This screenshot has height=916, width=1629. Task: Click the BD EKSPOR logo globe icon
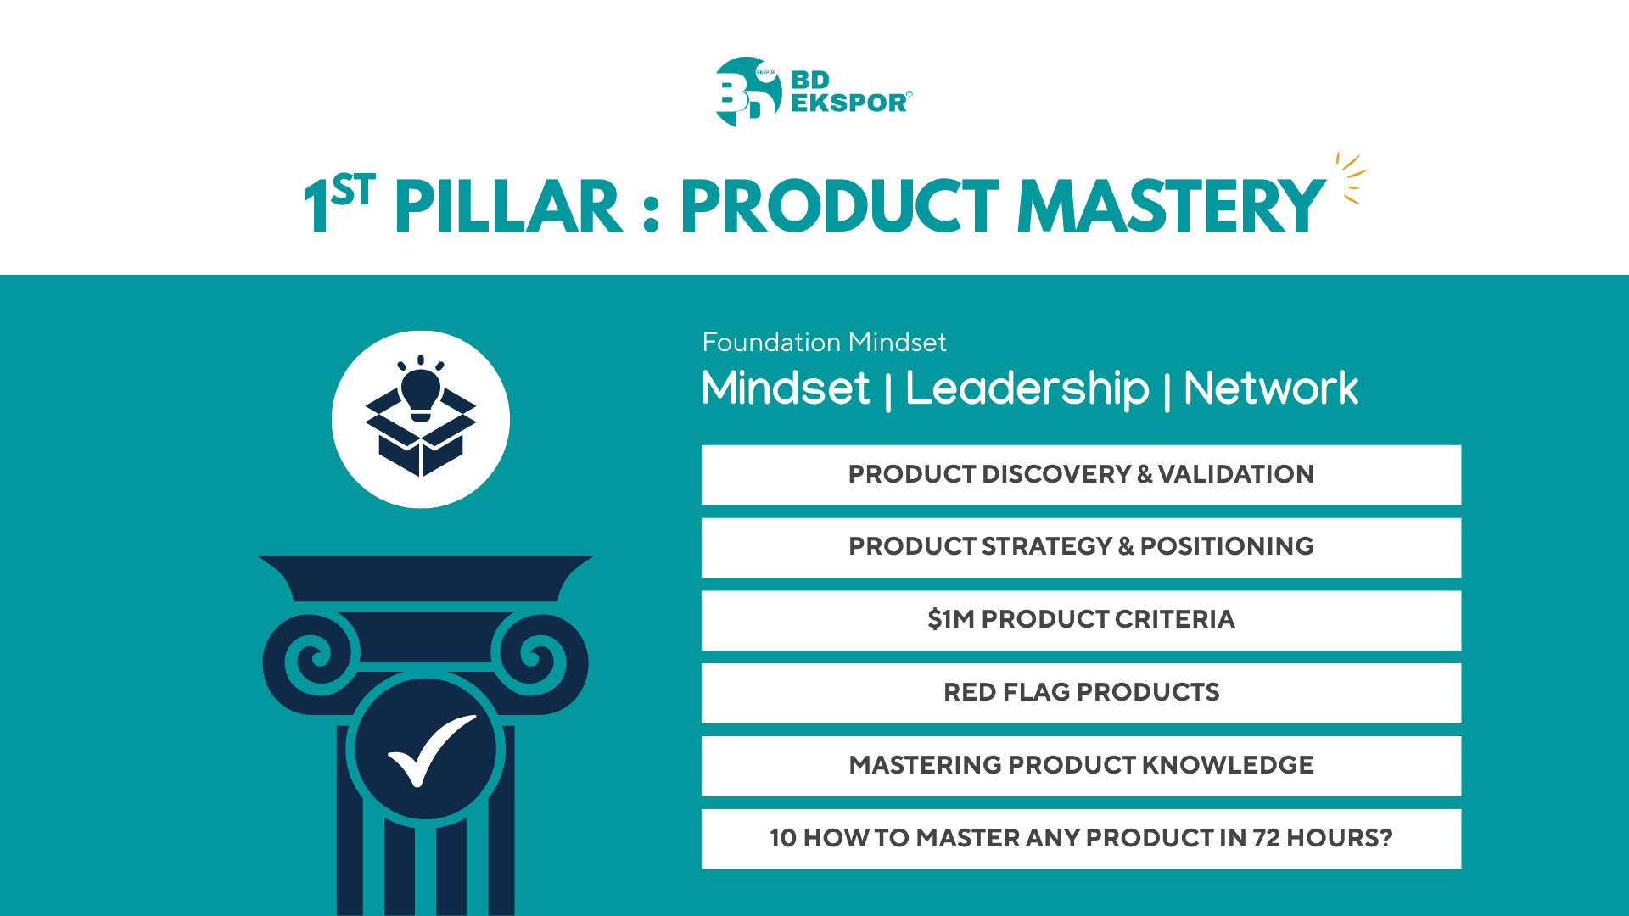(x=747, y=92)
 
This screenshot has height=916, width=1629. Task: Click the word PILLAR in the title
(x=508, y=207)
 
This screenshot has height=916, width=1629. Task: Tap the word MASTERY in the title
(x=1171, y=207)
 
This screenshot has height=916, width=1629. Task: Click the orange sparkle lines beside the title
(x=1351, y=178)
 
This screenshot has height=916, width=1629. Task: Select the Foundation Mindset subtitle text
(x=824, y=342)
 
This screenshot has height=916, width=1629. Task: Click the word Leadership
(x=1027, y=388)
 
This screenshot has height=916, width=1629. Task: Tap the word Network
(x=1270, y=388)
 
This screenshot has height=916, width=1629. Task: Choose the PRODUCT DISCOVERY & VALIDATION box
(x=1081, y=475)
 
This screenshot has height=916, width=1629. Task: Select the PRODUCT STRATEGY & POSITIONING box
(x=1081, y=548)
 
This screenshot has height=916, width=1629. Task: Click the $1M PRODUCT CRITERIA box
(x=1081, y=621)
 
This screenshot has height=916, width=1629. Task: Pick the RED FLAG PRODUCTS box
(x=1081, y=694)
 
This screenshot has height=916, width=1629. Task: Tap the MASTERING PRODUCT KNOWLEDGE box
(x=1081, y=767)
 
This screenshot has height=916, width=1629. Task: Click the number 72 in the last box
(x=1266, y=838)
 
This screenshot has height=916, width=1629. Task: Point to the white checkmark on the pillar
(x=432, y=751)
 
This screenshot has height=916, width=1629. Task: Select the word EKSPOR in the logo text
(x=850, y=103)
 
